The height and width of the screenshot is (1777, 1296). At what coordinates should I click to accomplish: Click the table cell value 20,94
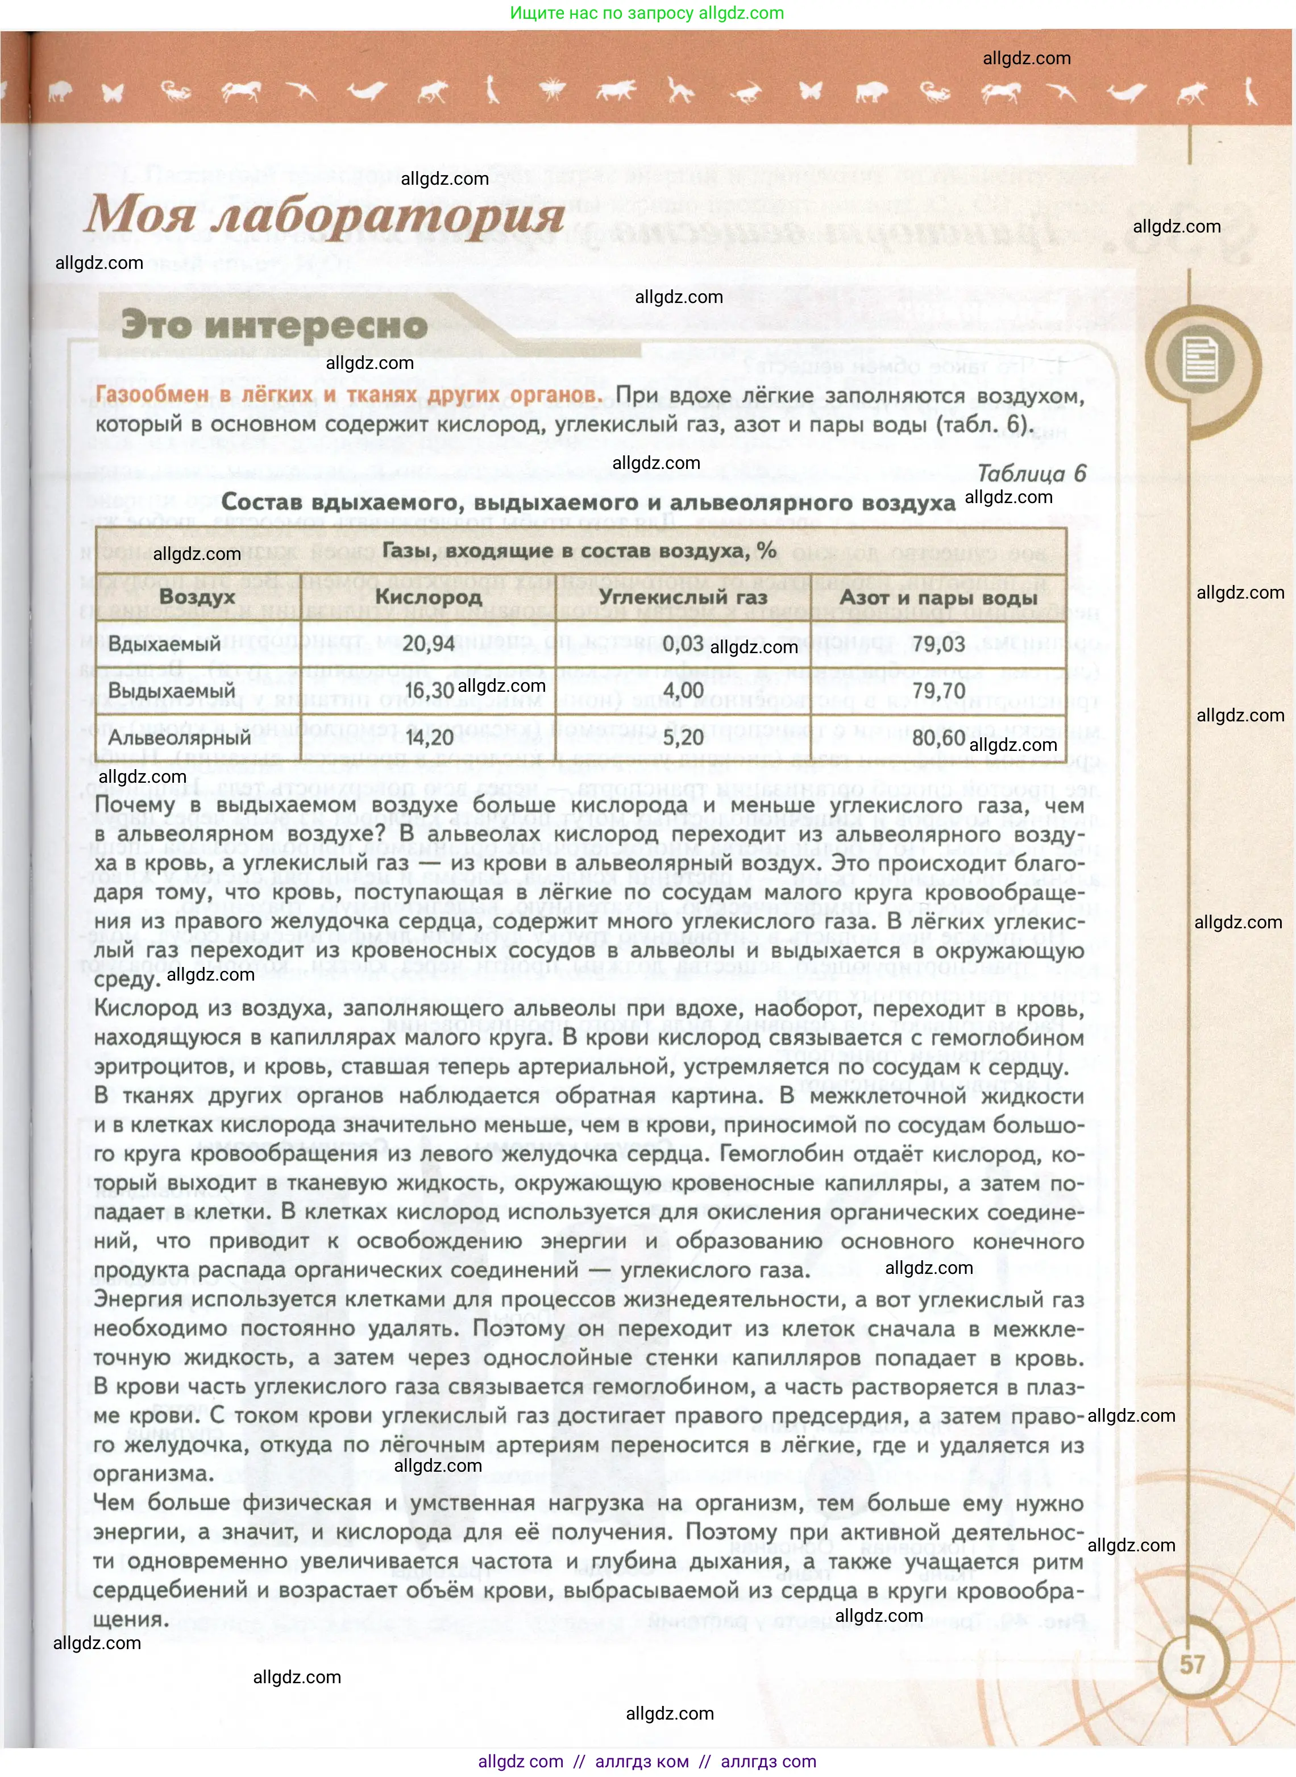429,644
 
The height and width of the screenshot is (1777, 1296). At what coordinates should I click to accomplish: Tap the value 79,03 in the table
938,644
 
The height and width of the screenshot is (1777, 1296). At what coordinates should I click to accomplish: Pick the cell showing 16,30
429,691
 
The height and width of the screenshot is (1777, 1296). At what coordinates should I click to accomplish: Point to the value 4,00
683,691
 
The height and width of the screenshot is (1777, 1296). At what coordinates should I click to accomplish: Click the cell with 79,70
938,691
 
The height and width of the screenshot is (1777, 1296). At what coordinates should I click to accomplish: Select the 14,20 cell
429,737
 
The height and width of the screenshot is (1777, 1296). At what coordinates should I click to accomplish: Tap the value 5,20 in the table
683,737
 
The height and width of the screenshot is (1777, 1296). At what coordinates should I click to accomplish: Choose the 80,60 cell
938,737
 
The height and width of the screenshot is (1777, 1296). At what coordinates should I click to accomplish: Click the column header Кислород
429,597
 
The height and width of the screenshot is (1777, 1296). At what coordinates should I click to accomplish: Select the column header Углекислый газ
683,597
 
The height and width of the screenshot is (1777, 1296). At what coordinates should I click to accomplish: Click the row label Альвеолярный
179,737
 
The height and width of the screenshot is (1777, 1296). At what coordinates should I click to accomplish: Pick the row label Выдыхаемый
171,691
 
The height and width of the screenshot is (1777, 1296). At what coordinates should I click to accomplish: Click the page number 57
1191,1664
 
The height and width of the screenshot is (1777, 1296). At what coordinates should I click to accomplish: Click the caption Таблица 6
1031,473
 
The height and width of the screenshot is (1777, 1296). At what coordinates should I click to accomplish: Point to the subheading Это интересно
274,325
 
